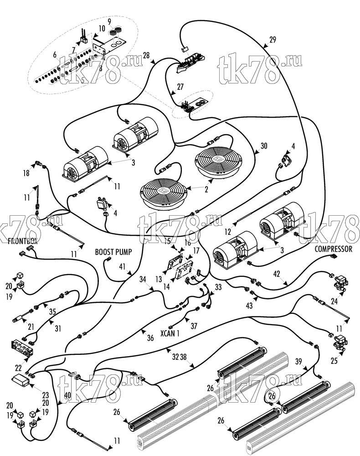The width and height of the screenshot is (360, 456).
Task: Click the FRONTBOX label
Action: [23, 241]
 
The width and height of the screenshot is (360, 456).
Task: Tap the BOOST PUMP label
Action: [113, 252]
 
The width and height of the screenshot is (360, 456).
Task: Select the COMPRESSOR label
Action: [334, 249]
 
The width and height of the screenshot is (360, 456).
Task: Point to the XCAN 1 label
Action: [170, 333]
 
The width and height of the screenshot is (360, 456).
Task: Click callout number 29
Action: [272, 40]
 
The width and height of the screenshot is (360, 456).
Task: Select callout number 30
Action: [263, 146]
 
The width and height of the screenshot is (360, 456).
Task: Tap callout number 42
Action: [276, 274]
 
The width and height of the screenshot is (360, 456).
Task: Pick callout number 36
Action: [150, 337]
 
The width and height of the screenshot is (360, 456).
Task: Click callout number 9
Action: [109, 21]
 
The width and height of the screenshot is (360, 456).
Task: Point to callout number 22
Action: [18, 368]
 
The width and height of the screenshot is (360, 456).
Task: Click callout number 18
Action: [26, 173]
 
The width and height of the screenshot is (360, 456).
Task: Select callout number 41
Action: [122, 266]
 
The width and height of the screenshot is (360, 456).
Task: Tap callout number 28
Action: [146, 55]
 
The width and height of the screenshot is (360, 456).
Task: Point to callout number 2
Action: [206, 189]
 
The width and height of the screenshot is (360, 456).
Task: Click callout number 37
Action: [194, 326]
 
